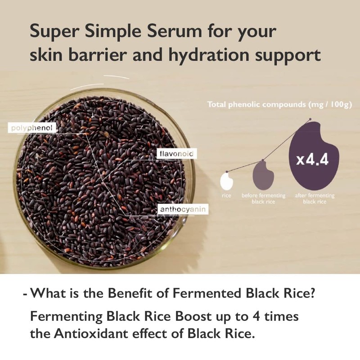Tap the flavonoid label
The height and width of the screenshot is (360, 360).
[x=176, y=154]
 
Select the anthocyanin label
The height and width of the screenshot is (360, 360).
[x=180, y=210]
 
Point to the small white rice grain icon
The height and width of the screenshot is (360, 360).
[x=226, y=182]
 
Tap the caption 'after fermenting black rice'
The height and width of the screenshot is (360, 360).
[x=315, y=199]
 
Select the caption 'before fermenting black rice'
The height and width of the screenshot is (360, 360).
[x=263, y=199]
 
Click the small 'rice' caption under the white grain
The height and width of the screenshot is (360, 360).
[x=226, y=196]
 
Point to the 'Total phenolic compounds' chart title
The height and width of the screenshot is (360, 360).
[x=279, y=104]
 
